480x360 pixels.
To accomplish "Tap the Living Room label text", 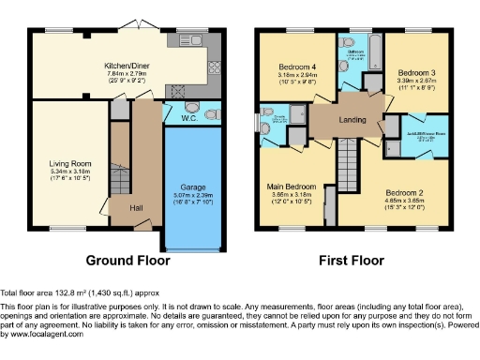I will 70,164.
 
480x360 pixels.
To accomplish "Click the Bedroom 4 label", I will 298,67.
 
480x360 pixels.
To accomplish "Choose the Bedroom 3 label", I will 413,72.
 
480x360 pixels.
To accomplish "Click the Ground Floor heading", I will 127,259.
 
